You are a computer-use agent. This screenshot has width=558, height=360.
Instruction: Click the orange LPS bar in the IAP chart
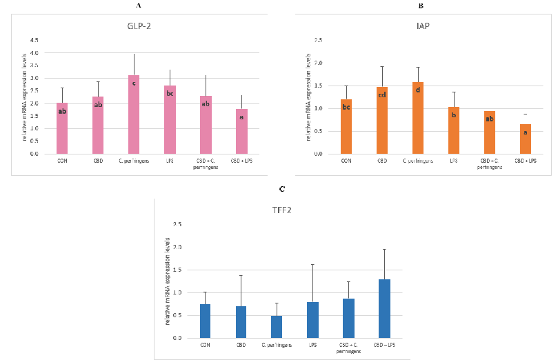[x=453, y=130]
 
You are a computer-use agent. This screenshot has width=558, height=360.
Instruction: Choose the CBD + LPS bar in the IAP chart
[x=526, y=139]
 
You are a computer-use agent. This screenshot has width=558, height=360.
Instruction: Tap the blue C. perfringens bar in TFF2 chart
[x=276, y=327]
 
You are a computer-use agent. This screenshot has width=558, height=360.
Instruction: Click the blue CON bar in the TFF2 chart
[x=205, y=321]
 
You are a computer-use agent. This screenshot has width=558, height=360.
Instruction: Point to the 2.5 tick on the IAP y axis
[x=318, y=41]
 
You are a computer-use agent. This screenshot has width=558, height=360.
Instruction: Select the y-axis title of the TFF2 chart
[x=167, y=281]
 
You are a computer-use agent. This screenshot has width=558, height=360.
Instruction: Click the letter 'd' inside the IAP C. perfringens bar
[x=418, y=90]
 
